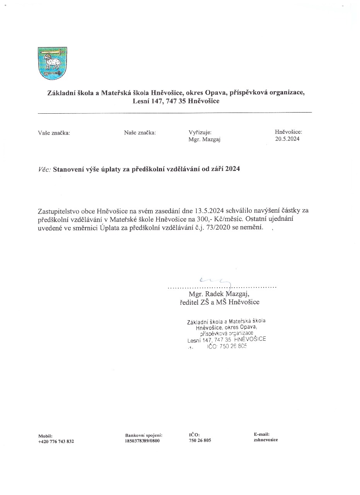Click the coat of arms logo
coord(52,63)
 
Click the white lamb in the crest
coord(52,61)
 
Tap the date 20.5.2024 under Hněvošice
coord(287,139)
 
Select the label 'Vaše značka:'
coord(54,133)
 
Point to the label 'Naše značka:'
coord(140,133)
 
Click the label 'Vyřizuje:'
coord(200,133)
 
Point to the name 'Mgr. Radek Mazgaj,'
coord(222,294)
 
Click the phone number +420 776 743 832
coord(56,441)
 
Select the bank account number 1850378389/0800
coord(142,440)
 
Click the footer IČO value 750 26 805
coord(200,440)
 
